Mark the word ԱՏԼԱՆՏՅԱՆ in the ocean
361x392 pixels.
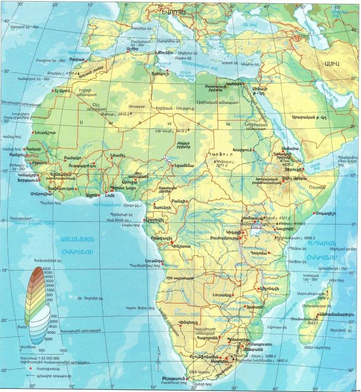click(x=64, y=239)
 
